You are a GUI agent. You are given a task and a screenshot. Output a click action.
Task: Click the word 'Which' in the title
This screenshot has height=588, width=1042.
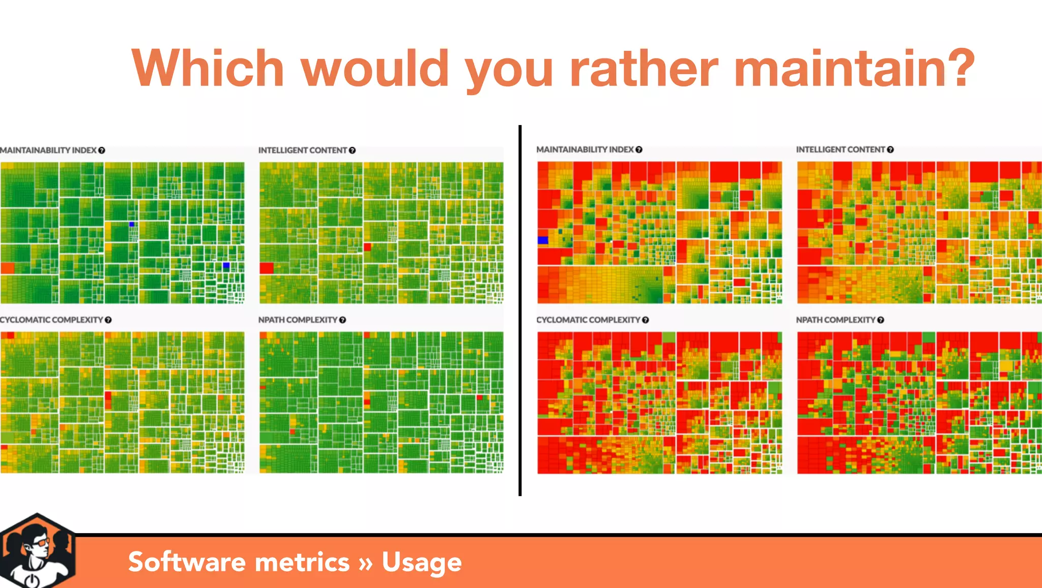coord(207,69)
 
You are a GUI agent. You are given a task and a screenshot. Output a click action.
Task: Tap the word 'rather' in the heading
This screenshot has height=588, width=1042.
coord(643,69)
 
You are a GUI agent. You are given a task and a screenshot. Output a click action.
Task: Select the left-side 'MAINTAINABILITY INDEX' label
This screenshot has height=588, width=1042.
coord(48,150)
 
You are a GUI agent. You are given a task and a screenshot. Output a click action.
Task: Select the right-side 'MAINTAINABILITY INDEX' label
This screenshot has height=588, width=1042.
coord(585,149)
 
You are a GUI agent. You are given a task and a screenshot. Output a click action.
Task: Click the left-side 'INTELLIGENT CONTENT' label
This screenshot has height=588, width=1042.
coord(302,150)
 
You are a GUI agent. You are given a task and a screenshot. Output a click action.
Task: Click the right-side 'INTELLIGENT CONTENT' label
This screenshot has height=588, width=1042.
coord(840,149)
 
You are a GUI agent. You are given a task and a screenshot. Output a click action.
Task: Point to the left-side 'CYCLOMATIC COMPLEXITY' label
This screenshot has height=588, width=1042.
coord(51,320)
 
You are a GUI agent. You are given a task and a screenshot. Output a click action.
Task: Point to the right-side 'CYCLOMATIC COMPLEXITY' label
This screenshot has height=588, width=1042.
coord(588,320)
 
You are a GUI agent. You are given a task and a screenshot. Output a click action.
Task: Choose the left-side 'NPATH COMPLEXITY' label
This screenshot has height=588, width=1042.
coord(298,320)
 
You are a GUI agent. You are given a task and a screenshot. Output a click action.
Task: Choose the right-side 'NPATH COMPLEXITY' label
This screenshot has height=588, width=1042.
coord(835,320)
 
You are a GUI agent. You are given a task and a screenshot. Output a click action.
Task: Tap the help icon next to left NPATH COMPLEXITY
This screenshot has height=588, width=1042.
coord(342,320)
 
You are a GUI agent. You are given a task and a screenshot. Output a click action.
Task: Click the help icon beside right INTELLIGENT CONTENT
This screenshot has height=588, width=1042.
coord(890,149)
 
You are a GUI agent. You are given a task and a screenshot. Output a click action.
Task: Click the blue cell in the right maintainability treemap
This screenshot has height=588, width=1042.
coord(543,240)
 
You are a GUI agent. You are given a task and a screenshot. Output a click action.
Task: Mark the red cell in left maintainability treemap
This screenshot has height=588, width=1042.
coord(8,268)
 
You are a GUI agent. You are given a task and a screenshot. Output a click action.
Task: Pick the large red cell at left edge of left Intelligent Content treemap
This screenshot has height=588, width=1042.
coord(267,268)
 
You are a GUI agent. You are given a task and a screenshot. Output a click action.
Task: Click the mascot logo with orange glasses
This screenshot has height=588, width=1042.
coord(37,551)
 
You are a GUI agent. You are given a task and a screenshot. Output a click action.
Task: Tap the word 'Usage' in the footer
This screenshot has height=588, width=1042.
coord(421,562)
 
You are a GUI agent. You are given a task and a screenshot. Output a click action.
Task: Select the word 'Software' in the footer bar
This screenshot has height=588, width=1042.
coord(187,562)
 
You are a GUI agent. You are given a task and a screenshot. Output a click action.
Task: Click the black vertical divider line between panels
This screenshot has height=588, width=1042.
coord(519,310)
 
